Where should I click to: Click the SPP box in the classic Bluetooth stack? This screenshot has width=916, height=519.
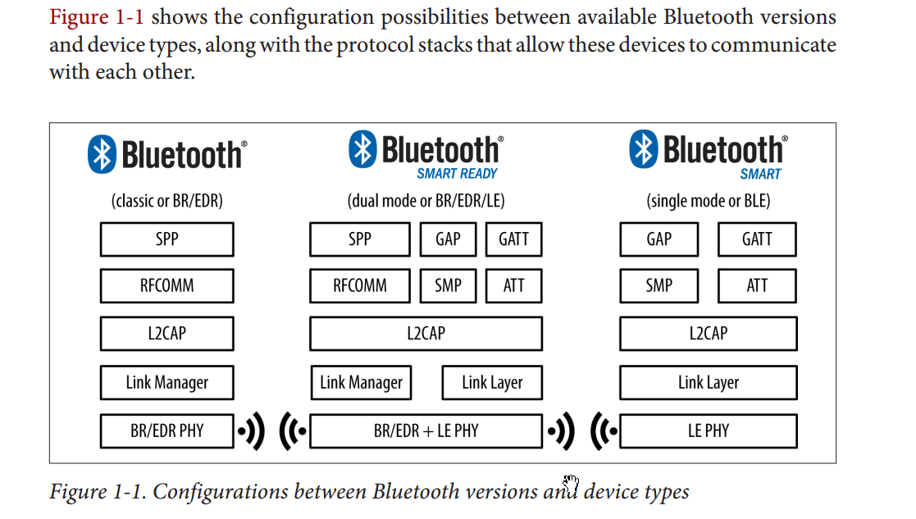point(166,239)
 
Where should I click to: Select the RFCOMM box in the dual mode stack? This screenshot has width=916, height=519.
point(359,286)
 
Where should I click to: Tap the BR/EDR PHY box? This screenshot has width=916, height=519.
point(166,430)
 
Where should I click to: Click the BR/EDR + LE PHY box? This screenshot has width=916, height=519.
point(426,430)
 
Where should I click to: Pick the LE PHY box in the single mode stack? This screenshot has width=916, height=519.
point(708,430)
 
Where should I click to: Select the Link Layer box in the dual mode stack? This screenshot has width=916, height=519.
point(491,383)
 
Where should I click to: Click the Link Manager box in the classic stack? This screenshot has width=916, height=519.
point(166,383)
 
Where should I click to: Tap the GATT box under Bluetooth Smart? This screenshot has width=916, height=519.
point(756,239)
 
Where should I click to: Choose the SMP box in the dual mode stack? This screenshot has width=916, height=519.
point(448,286)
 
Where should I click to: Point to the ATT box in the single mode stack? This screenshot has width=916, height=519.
point(756,286)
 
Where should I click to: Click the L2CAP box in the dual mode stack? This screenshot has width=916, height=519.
point(426,334)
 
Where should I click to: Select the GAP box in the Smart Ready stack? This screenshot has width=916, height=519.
point(448,239)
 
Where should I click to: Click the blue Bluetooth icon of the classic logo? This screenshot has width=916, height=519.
point(101,154)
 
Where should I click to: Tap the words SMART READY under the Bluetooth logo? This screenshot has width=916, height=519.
point(457,174)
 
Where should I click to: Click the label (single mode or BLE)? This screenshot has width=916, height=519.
point(708,201)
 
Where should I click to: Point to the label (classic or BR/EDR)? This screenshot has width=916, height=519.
point(166,201)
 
